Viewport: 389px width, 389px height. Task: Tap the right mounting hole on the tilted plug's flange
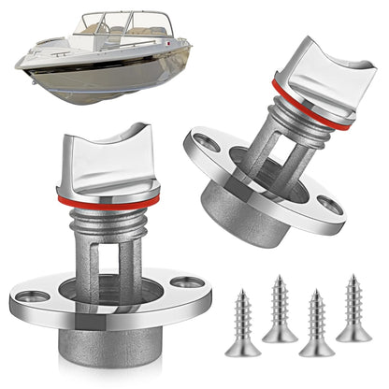(x=328, y=203)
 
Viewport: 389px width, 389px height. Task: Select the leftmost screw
(x=242, y=323)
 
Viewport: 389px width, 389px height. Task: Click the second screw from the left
(x=280, y=309)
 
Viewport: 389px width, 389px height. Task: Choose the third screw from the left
(x=316, y=323)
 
